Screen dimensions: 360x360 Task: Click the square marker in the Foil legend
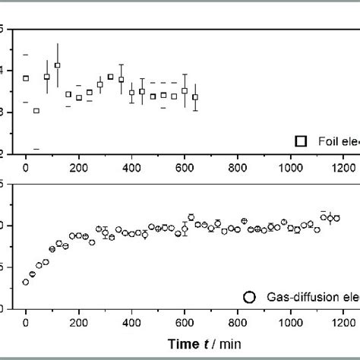[x=301, y=141]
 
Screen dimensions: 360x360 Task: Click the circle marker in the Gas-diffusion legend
[x=249, y=296]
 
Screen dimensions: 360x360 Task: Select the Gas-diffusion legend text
[x=311, y=296]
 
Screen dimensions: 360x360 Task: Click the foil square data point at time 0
[x=26, y=78]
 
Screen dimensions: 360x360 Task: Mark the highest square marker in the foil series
[x=57, y=65]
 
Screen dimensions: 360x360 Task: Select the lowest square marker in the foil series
[x=36, y=111]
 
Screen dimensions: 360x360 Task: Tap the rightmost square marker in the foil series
[x=195, y=97]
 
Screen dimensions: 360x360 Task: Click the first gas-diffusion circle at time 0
[x=26, y=282]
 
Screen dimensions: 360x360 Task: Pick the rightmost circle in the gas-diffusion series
[x=336, y=218]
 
